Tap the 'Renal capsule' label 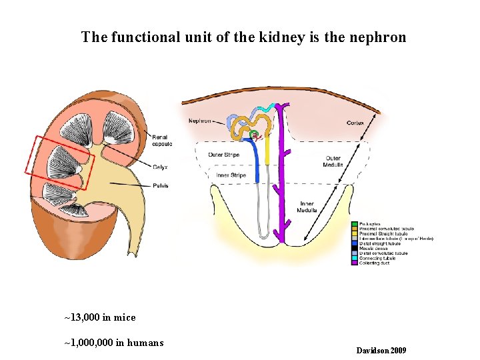click(x=162, y=140)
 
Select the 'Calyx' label click(x=160, y=167)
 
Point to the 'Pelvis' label click(x=160, y=185)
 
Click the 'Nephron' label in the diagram click(x=200, y=121)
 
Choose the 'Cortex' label click(x=355, y=123)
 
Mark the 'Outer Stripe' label click(x=224, y=155)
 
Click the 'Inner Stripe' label click(x=231, y=175)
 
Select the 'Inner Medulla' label click(x=307, y=207)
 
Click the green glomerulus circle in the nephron click(x=254, y=135)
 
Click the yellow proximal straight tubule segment click(x=267, y=150)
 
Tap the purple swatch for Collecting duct click(x=355, y=263)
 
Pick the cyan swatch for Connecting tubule click(x=355, y=259)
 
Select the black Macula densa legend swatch click(x=355, y=249)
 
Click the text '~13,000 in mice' click(x=99, y=317)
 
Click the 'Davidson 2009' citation click(x=381, y=351)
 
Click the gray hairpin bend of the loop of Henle click(x=265, y=235)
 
